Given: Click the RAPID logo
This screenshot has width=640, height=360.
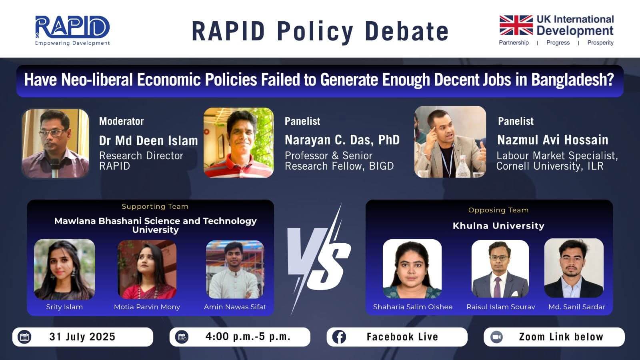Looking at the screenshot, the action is tap(72, 30).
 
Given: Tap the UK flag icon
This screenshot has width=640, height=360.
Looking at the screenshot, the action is tap(516, 25).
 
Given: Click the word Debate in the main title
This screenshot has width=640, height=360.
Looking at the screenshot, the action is tap(406, 32).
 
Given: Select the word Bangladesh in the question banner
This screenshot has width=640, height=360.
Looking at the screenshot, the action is tap(572, 80).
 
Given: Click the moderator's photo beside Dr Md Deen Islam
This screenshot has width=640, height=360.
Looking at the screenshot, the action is tap(56, 144).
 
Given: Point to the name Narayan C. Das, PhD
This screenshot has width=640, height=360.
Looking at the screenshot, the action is tap(342, 140).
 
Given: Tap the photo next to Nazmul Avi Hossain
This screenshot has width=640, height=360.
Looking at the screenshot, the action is tap(450, 142).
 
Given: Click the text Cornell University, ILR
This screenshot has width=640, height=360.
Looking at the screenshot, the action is tap(550, 166).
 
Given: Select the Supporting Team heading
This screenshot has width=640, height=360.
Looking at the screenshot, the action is tap(155, 206).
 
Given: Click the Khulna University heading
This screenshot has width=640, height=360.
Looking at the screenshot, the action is tap(498, 226).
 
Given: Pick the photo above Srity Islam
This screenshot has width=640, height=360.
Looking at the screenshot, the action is tap(64, 269).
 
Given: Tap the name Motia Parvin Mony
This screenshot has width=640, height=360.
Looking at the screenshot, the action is tap(147, 307).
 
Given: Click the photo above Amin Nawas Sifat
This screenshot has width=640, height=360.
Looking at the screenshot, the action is tap(235, 270).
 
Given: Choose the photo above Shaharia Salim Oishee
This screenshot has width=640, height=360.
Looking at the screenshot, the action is tap(412, 268).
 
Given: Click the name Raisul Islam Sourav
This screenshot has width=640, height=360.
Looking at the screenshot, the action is tap(500, 307).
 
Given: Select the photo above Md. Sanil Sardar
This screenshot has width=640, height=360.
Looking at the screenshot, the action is tap(574, 268).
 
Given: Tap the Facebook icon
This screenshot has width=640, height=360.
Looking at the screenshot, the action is tap(339, 337).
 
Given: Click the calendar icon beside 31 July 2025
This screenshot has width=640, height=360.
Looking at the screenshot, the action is tap(24, 337).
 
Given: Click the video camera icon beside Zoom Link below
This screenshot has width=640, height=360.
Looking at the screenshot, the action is tap(496, 337).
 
